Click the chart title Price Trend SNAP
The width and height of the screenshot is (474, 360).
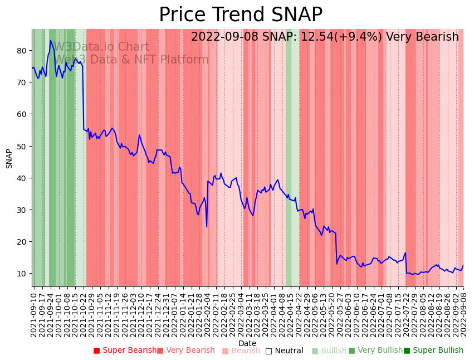pyautogui.click(x=240, y=15)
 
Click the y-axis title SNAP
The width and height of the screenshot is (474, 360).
pyautogui.click(x=9, y=158)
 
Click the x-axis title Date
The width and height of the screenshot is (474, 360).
pyautogui.click(x=247, y=343)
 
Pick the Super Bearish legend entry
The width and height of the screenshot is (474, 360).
pyautogui.click(x=125, y=351)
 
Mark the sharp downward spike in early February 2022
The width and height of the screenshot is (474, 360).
pyautogui.click(x=207, y=226)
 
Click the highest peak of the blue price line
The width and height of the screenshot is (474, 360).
pyautogui.click(x=51, y=40)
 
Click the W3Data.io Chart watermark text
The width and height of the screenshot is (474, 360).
pyautogui.click(x=101, y=47)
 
